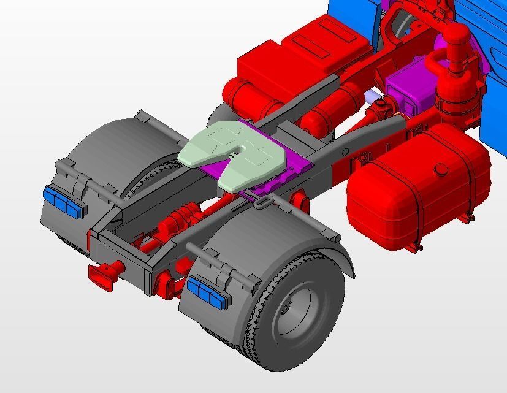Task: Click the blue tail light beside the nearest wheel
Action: coord(207,291)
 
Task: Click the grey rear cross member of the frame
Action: coord(123,254)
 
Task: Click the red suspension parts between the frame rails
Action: coord(178,221)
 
